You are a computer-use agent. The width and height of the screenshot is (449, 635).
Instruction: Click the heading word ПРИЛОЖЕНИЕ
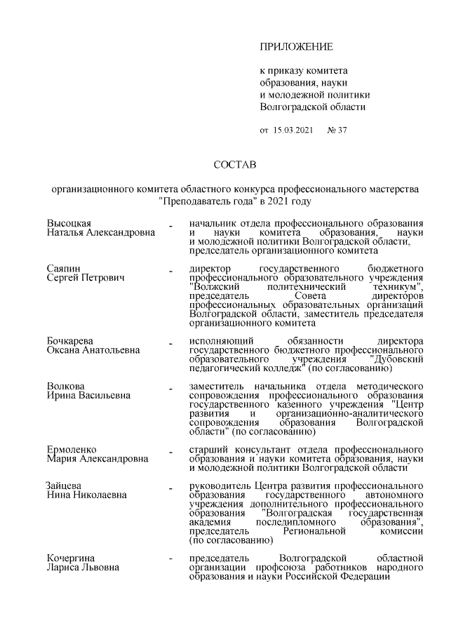point(296,47)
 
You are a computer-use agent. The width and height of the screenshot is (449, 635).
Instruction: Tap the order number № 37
point(337,131)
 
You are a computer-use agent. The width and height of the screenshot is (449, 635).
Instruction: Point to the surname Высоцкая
point(69,223)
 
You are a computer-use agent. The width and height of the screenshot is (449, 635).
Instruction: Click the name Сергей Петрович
point(86,279)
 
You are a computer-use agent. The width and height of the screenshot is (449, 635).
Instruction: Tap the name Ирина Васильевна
point(88,395)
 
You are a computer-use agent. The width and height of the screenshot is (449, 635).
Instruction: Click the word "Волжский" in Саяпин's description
point(213,288)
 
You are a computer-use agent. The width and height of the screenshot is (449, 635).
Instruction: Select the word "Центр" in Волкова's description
point(408,404)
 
